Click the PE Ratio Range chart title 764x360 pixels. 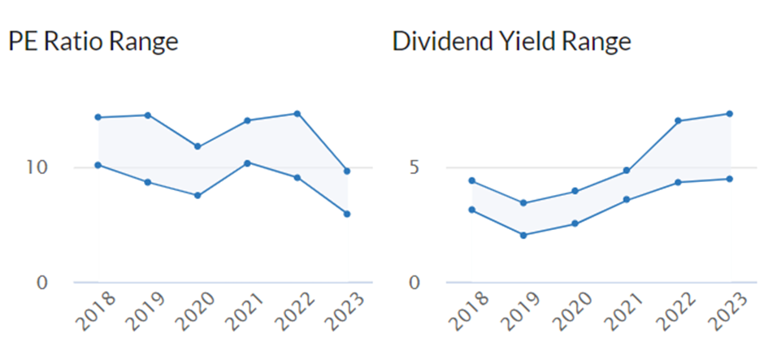tap(93, 42)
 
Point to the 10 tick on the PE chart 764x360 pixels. tap(37, 167)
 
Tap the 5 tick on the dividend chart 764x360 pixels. tap(414, 167)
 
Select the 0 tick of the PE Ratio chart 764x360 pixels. tap(43, 283)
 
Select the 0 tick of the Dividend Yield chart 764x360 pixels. tap(415, 283)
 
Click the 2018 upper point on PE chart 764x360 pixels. tap(98, 117)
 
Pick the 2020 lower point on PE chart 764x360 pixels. tap(198, 195)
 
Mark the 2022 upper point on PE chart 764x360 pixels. tap(297, 114)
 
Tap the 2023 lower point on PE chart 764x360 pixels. tap(347, 214)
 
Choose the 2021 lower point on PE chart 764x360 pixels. tap(248, 163)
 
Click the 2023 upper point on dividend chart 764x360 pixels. tap(729, 114)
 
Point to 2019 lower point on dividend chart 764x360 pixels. tap(523, 236)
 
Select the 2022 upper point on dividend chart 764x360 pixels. tap(678, 120)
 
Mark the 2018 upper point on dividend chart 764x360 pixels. tap(471, 180)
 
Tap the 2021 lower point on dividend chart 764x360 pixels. tap(627, 200)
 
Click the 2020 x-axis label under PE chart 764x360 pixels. tap(195, 312)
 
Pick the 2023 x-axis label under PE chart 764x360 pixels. tap(345, 312)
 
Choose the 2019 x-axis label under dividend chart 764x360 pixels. tap(520, 312)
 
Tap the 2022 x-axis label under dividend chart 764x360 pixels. tap(675, 312)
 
